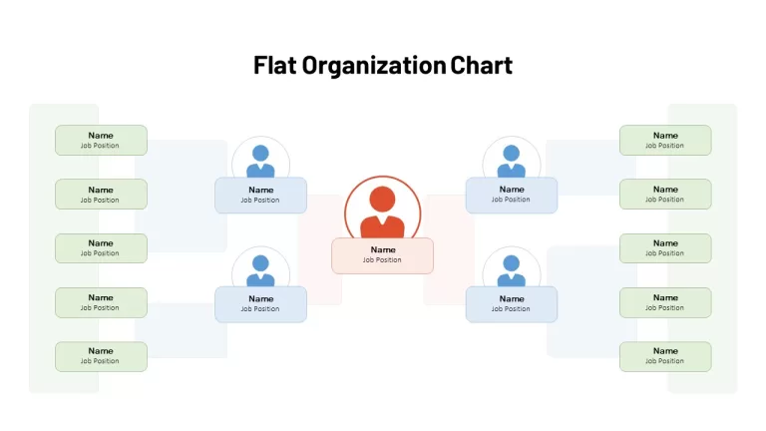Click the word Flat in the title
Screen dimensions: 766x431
click(274, 65)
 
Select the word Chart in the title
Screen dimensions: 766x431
click(481, 65)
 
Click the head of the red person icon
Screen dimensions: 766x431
click(382, 199)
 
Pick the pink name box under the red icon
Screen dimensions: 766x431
click(383, 255)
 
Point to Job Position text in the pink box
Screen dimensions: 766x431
click(382, 260)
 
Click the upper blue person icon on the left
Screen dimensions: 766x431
click(260, 161)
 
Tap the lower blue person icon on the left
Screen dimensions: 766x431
click(260, 270)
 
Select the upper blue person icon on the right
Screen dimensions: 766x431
click(511, 161)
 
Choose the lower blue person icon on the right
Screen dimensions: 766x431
click(511, 270)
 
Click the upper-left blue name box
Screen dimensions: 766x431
click(261, 195)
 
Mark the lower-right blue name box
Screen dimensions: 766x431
click(512, 304)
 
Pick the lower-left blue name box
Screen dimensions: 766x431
click(261, 304)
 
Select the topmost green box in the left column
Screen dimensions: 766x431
click(101, 141)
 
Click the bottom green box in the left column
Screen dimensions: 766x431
click(101, 356)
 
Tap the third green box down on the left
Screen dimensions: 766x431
click(101, 248)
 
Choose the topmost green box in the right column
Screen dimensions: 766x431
click(665, 141)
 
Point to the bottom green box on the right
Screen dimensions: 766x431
click(665, 356)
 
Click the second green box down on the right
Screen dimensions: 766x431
click(665, 194)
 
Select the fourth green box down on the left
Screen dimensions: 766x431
click(101, 302)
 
